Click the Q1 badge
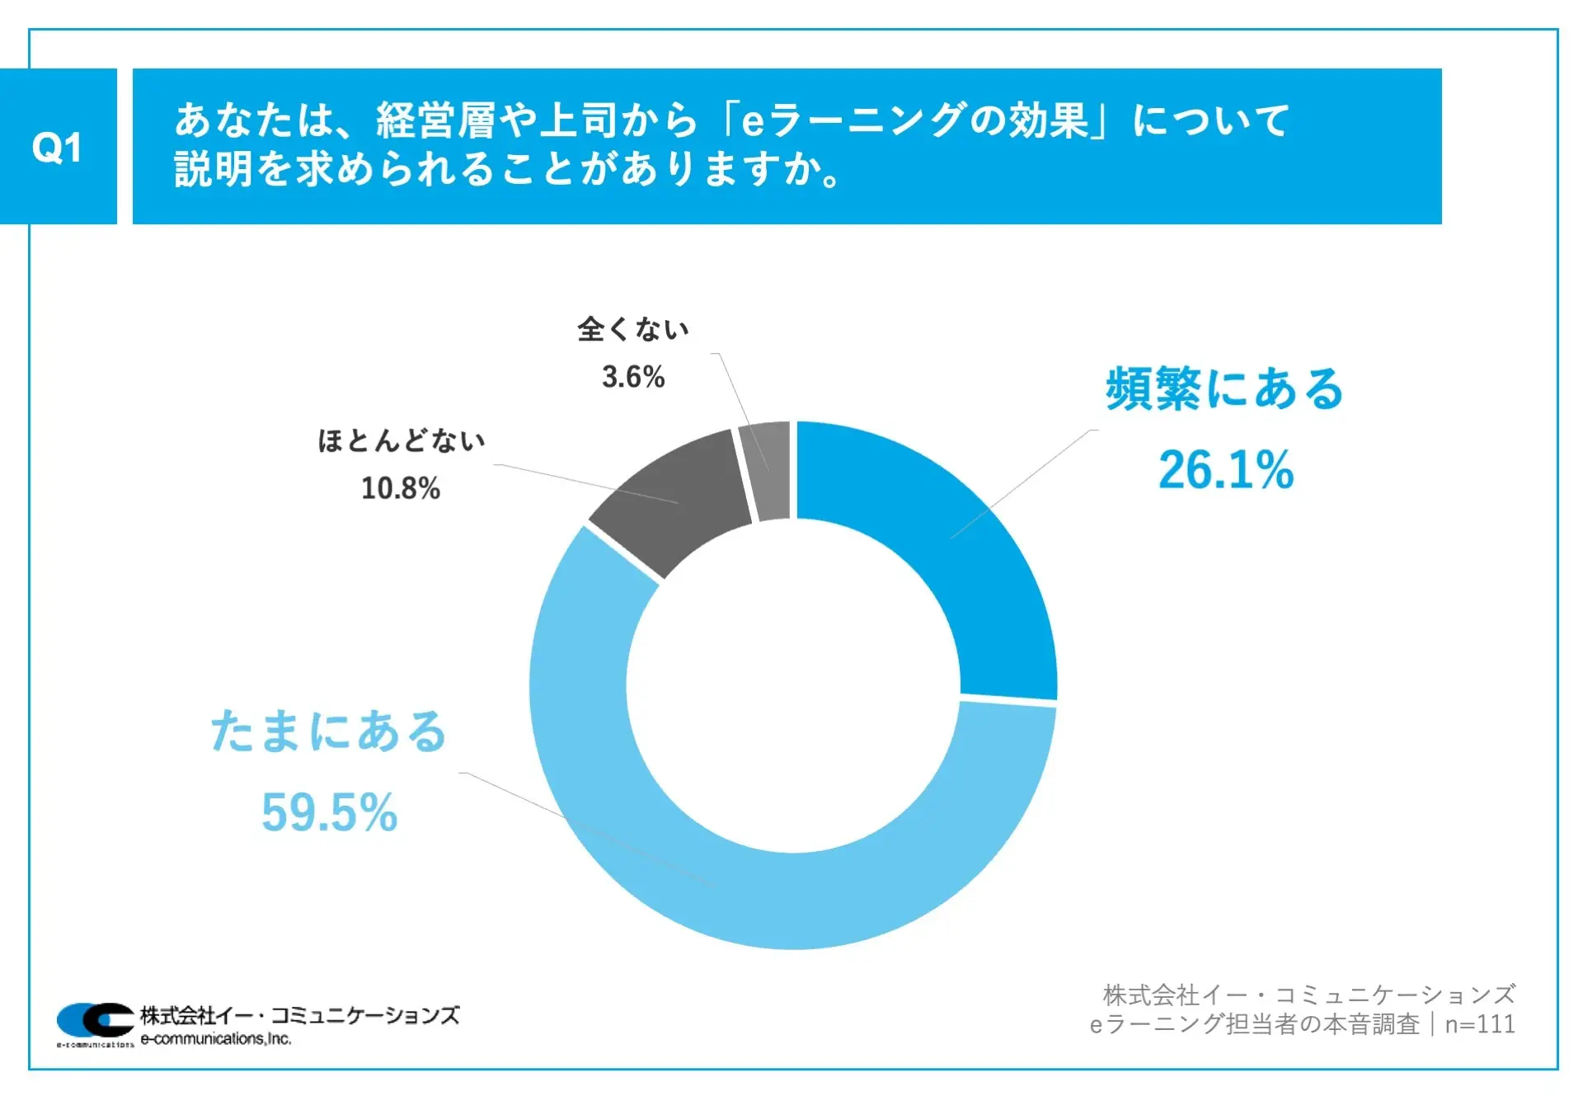point(57,147)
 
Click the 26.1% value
point(1226,470)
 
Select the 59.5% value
point(329,812)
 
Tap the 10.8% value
point(401,488)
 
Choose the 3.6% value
point(633,377)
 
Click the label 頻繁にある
point(1224,388)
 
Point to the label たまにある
point(328,731)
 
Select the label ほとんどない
point(402,440)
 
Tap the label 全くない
point(633,329)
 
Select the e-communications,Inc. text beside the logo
point(216,1039)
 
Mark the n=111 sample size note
point(1480,1024)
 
